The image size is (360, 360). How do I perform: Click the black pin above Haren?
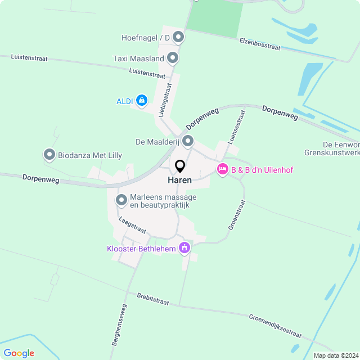pos(180,166)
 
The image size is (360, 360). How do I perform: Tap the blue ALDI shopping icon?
pos(142,101)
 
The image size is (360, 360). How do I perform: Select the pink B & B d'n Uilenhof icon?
pos(222,169)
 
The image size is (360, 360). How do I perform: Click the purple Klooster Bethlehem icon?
pos(184,247)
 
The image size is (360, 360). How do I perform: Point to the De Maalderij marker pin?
pos(188,141)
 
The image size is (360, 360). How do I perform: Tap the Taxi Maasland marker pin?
pos(173,58)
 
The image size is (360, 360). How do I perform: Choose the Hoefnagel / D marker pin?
pos(178,38)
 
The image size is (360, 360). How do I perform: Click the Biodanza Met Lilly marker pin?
pos(49,155)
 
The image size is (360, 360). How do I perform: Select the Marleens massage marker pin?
pos(121,200)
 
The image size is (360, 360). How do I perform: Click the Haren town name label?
pos(179,181)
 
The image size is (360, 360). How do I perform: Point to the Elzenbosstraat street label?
pos(259,44)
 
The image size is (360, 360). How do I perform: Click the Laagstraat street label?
pos(132,226)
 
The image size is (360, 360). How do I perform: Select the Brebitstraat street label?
pos(152,298)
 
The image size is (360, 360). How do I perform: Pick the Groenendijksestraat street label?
pos(275,326)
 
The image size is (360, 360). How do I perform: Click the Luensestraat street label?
pos(237,127)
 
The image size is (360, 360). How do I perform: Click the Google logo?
pos(19,353)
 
